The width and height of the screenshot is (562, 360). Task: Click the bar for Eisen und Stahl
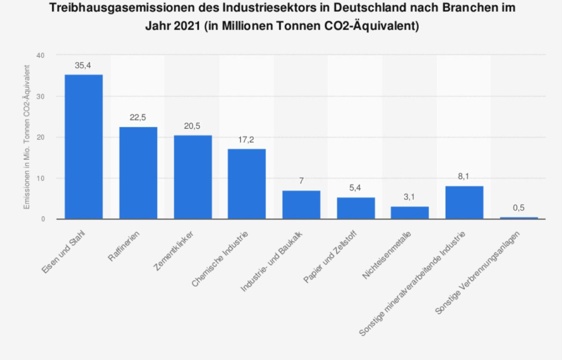[83, 147]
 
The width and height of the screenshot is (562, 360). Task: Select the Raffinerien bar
[138, 173]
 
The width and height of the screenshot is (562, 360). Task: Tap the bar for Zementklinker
[192, 177]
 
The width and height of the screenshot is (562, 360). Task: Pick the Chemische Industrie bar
[247, 184]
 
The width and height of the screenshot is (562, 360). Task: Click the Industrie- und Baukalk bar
[301, 205]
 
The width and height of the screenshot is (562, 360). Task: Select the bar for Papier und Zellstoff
[355, 208]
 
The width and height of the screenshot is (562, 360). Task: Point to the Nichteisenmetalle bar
[410, 213]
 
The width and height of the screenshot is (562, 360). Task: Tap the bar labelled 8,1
[464, 202]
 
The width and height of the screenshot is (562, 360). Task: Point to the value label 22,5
[138, 118]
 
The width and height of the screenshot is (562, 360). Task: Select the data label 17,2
[246, 140]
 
